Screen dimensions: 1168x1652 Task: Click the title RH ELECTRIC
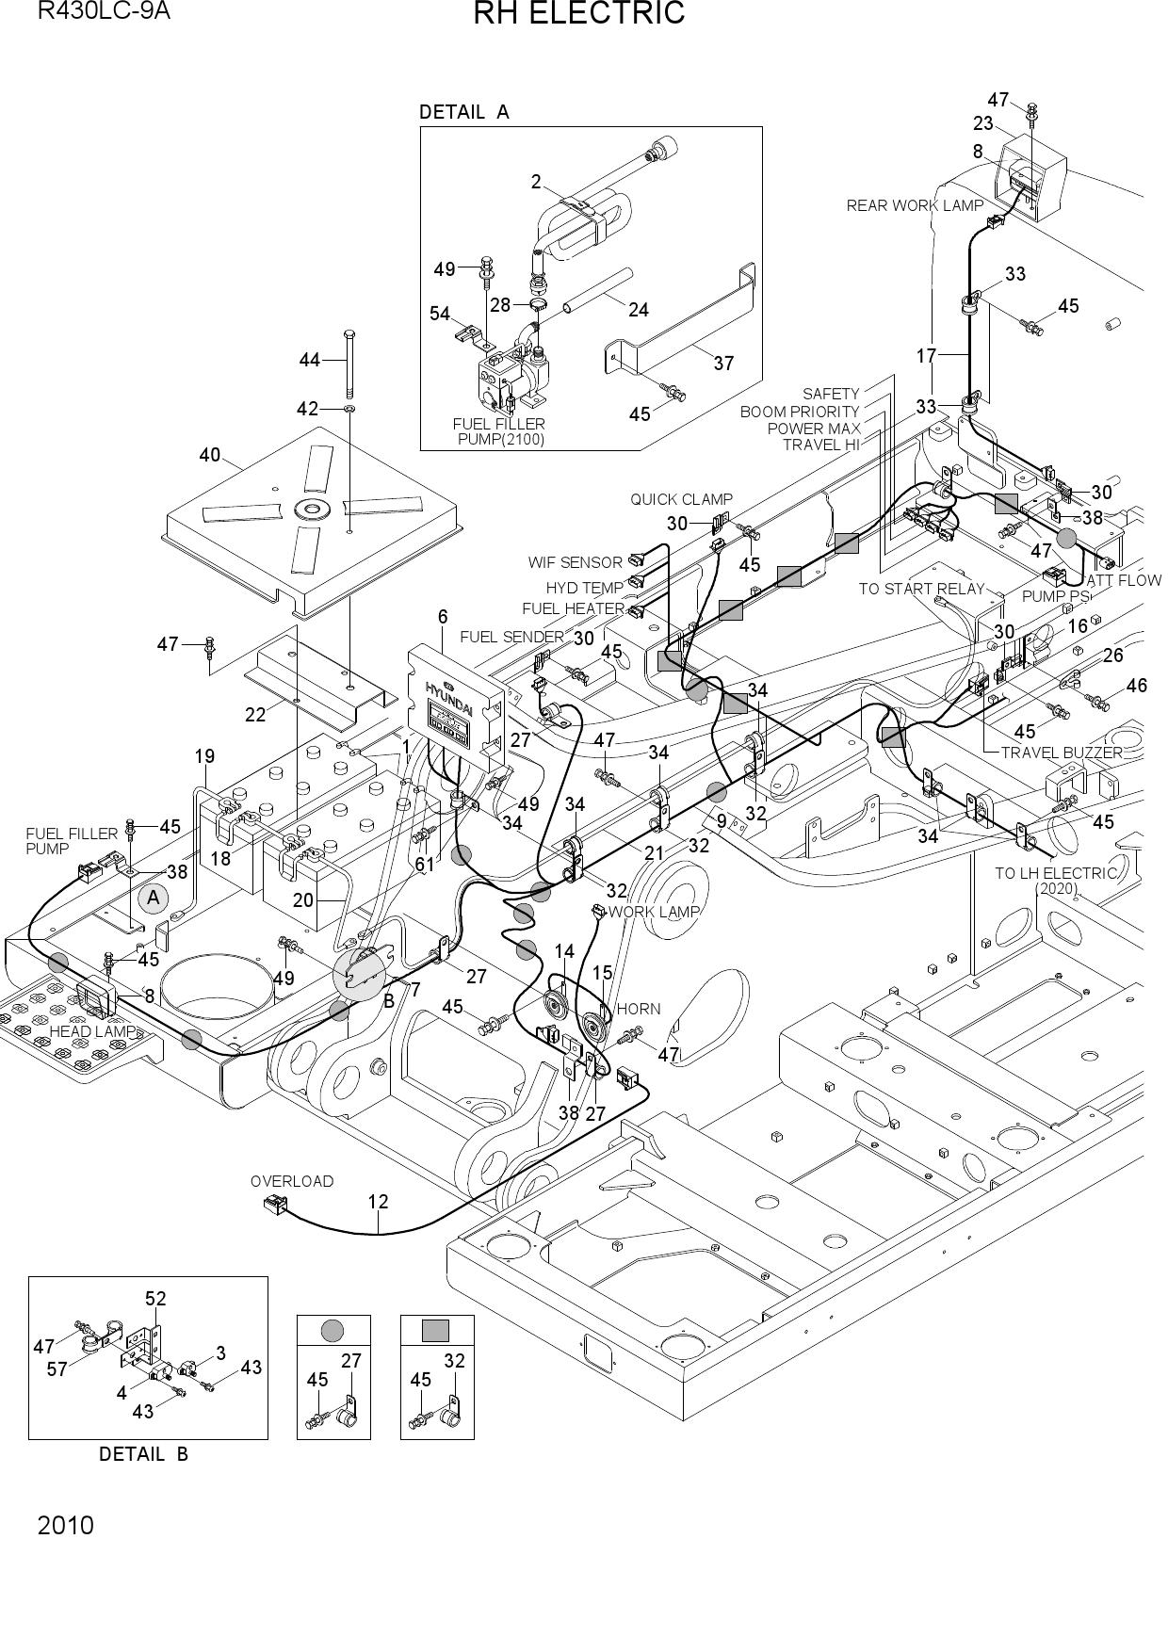click(x=578, y=14)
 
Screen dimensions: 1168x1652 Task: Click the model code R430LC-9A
click(x=104, y=11)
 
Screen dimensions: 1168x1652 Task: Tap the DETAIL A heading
click(x=463, y=112)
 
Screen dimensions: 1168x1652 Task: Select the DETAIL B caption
click(x=143, y=1454)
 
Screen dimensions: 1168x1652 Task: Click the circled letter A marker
click(x=154, y=898)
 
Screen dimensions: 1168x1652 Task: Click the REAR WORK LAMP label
click(x=915, y=205)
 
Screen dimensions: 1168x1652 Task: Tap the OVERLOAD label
click(x=292, y=1181)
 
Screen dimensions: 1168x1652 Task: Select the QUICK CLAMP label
click(x=681, y=499)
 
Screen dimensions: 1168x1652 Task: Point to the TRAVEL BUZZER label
click(x=1062, y=753)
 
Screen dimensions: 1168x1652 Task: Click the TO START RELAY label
click(x=921, y=589)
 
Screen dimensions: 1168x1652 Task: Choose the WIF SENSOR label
click(x=575, y=562)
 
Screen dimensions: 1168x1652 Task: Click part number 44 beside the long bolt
click(x=310, y=359)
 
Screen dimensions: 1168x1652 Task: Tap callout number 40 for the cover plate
click(x=209, y=456)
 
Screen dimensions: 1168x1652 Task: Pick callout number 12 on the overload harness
click(x=378, y=1202)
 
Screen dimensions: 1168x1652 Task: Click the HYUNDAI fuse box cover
click(x=455, y=697)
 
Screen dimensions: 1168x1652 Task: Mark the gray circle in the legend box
click(x=333, y=1330)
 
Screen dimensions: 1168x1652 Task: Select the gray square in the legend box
click(x=435, y=1330)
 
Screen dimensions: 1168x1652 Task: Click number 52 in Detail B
click(x=155, y=1299)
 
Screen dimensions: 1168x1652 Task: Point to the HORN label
click(x=639, y=1009)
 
